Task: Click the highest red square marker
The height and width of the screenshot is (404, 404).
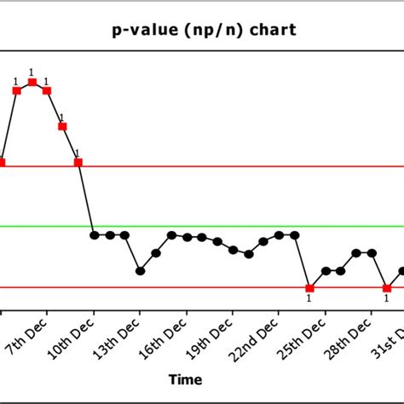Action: tap(32, 82)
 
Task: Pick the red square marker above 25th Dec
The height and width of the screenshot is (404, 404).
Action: tap(309, 287)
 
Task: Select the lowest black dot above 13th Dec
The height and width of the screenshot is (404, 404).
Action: tap(141, 271)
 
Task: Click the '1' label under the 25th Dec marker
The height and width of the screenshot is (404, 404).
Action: tap(309, 298)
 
